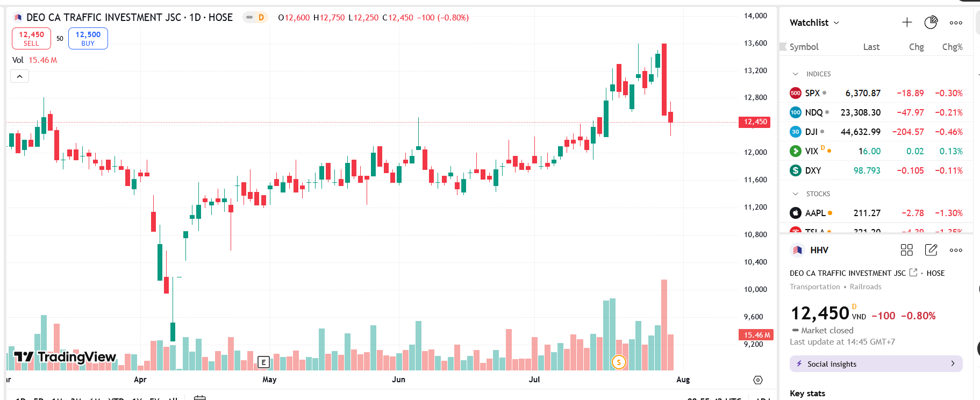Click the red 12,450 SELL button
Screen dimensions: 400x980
(31, 38)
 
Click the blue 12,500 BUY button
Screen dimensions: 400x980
(88, 38)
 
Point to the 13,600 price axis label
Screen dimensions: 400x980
(755, 43)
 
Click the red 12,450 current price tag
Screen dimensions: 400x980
(755, 122)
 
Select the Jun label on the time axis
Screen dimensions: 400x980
(398, 380)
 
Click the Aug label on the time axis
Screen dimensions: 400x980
(683, 380)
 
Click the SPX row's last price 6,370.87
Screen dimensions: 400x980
(862, 93)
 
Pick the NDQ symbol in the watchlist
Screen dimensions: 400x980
(813, 112)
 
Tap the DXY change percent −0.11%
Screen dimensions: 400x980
(949, 170)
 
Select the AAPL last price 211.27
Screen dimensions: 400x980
(867, 213)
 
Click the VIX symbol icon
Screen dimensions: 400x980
(795, 151)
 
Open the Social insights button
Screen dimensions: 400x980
(876, 364)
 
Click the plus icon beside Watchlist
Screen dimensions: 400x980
(907, 22)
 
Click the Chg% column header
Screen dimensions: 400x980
(952, 47)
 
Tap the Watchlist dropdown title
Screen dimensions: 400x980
(814, 23)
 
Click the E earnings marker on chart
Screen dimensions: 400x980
(263, 362)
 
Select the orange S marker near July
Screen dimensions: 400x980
(619, 362)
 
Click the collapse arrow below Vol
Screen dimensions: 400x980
(19, 76)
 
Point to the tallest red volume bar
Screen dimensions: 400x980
(664, 325)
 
